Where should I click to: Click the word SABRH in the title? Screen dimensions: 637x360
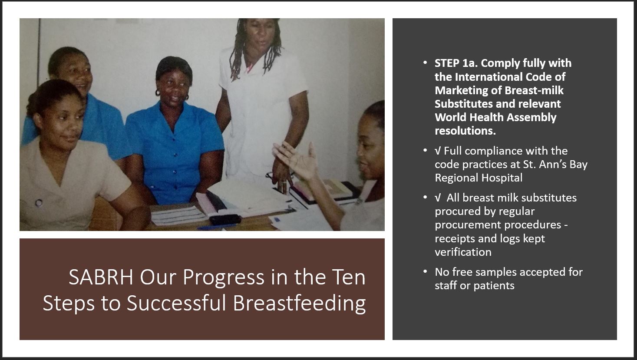pyautogui.click(x=101, y=277)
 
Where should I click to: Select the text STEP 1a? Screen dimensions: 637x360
pyautogui.click(x=456, y=63)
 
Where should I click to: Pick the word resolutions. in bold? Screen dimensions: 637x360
pyautogui.click(x=465, y=131)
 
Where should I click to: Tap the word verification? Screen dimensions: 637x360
pyautogui.click(x=463, y=252)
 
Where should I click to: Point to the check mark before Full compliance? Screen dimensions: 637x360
pyautogui.click(x=438, y=151)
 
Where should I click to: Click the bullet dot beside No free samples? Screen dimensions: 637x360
pyautogui.click(x=425, y=271)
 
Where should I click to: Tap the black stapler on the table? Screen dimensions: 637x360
pyautogui.click(x=225, y=220)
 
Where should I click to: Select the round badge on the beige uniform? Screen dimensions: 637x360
pyautogui.click(x=39, y=202)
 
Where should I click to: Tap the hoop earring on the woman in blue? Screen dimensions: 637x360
pyautogui.click(x=157, y=92)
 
